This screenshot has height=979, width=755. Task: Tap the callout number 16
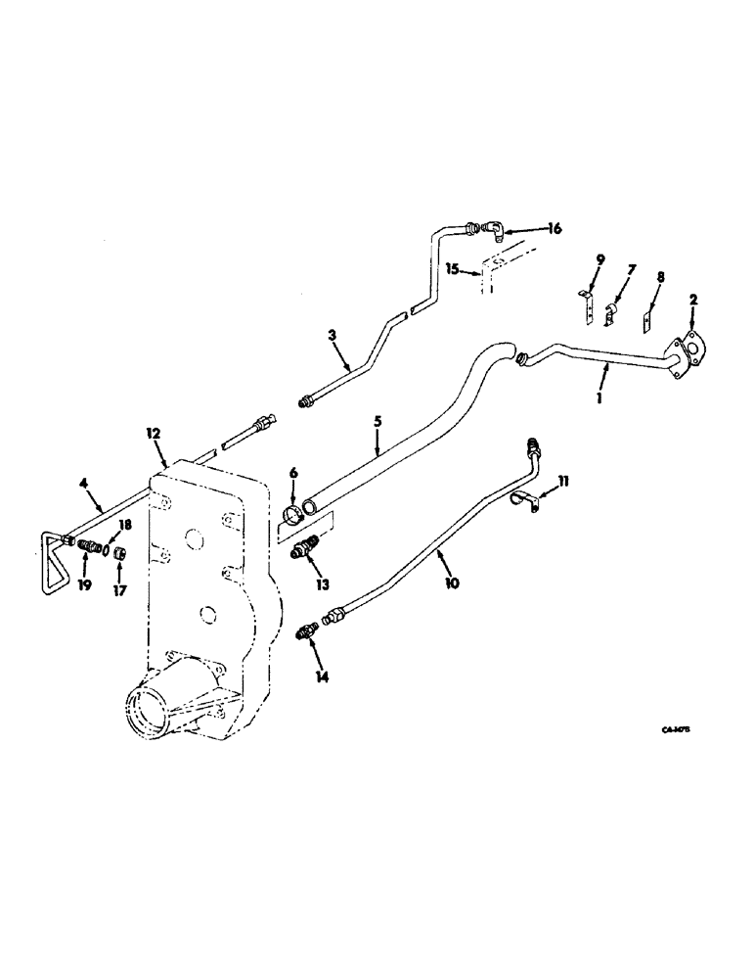pyautogui.click(x=555, y=229)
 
